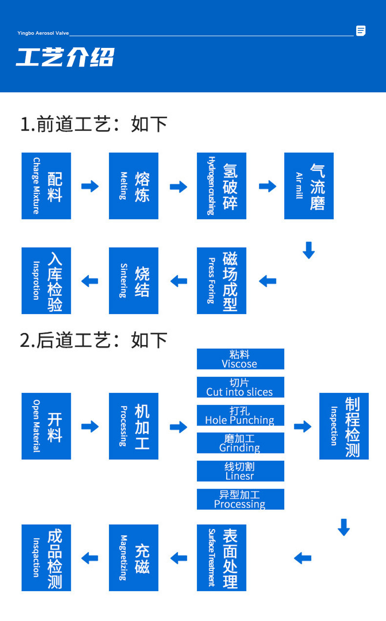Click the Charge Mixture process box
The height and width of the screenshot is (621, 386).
coord(46,186)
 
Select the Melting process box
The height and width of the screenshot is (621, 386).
coord(133,186)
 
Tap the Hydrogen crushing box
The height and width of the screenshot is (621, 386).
coord(221,186)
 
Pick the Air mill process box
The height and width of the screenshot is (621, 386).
coord(309,186)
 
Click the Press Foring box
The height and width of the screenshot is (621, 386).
coord(221,280)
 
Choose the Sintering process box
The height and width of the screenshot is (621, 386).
coord(133,280)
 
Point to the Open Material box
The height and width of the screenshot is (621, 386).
coord(46,426)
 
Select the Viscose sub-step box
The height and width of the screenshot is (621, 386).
coord(240,359)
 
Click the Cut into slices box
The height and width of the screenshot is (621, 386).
coord(240,387)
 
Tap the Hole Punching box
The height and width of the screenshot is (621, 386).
coord(240,415)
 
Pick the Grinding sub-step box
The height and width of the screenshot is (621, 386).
coord(240,443)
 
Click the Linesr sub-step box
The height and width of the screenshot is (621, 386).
coord(240,471)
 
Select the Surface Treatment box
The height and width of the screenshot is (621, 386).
coord(221,557)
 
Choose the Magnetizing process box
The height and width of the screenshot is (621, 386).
coord(133,557)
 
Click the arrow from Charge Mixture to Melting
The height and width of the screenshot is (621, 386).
coord(90,186)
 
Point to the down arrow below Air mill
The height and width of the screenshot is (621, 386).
coord(308,250)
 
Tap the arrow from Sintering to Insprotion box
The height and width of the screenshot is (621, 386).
coord(90,281)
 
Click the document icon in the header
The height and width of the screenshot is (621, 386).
coord(361,31)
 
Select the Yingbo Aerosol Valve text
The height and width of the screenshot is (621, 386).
coord(43,33)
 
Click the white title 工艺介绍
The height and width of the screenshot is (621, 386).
coord(65,57)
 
